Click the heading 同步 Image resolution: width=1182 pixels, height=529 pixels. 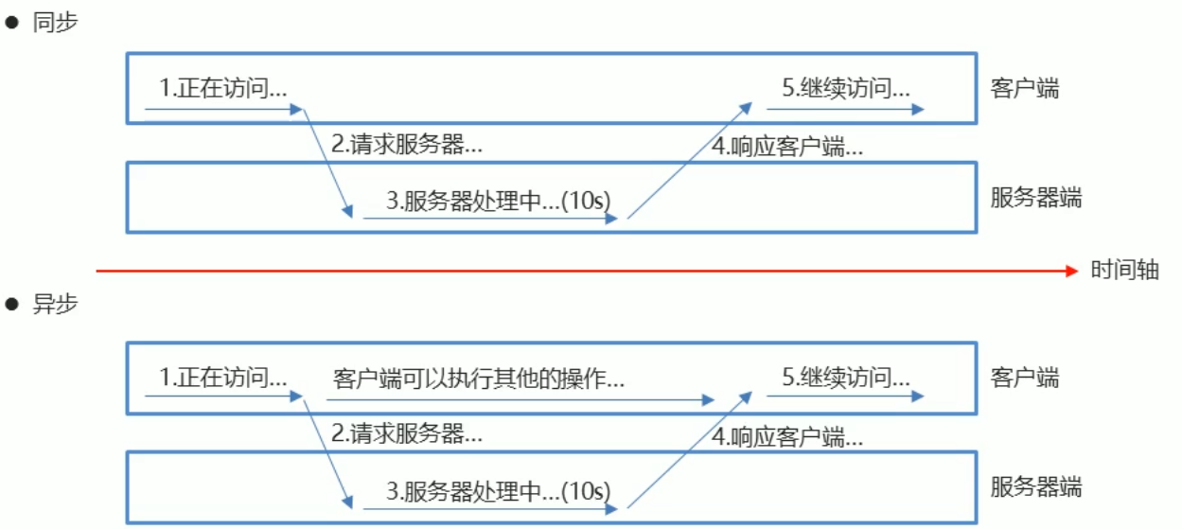[55, 24]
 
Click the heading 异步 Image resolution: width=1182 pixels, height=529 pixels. [55, 305]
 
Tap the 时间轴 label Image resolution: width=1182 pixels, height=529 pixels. [1124, 270]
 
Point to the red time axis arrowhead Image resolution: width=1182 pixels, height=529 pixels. [1072, 272]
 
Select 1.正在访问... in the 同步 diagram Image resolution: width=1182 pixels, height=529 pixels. [223, 89]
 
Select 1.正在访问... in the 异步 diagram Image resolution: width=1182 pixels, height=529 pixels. [223, 379]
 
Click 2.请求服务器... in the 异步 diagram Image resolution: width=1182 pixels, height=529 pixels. [407, 434]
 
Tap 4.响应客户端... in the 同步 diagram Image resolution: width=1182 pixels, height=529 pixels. [787, 148]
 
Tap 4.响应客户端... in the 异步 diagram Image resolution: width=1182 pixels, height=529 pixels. [787, 437]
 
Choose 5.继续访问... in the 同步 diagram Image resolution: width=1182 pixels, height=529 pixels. [846, 89]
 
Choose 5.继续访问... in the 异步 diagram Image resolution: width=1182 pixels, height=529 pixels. [846, 379]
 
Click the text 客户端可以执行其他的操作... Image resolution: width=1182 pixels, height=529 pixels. [479, 379]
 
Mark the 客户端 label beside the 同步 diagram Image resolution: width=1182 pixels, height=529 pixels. [1025, 89]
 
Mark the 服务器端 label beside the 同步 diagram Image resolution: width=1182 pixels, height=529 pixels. [1036, 199]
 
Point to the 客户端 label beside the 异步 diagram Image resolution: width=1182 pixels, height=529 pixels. [1025, 379]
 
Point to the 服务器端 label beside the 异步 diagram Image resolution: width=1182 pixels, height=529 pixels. [1036, 488]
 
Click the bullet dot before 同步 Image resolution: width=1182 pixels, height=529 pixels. [13, 25]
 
